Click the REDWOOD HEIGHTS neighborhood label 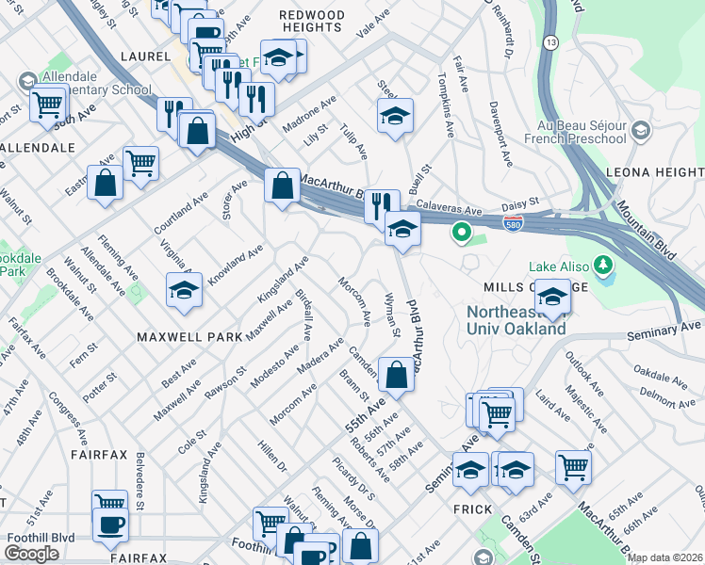311,20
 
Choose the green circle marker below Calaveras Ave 462,231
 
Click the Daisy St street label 519,202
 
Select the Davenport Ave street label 502,141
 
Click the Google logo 31,554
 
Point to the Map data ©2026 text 665,557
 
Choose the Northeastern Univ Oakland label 516,320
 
